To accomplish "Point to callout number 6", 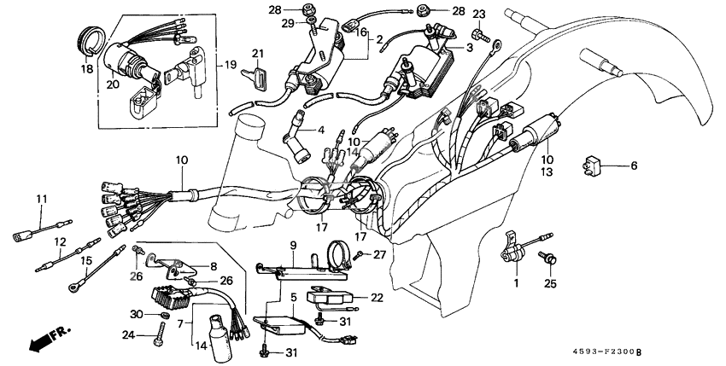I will click(633, 166).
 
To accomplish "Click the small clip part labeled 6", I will click(600, 166).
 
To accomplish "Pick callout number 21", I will click(257, 55).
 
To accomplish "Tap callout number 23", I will click(478, 15).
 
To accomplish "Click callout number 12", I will click(60, 241).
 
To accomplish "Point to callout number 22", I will click(376, 298).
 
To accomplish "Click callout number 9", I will click(292, 246).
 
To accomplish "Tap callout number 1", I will click(516, 282).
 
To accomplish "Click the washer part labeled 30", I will click(160, 316).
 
